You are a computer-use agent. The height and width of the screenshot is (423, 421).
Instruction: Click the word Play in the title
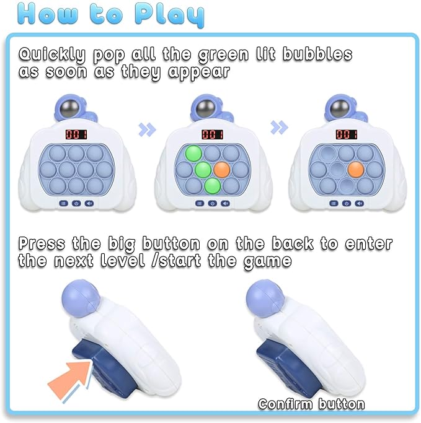point(169,15)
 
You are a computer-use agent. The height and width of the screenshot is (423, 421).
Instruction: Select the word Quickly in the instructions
point(52,55)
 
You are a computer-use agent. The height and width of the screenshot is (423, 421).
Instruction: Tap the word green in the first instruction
point(223,55)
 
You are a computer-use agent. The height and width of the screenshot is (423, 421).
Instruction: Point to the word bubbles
point(317,53)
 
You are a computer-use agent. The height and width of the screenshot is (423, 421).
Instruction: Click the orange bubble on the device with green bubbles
point(222,170)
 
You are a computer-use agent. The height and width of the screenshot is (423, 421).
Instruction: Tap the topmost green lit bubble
point(193,153)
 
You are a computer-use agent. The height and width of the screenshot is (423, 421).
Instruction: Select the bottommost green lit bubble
point(213,186)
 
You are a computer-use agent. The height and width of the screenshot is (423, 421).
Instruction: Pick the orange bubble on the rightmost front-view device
point(356,170)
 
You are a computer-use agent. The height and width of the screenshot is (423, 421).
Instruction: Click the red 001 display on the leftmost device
point(76,134)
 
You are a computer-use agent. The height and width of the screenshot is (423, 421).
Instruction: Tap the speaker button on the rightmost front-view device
point(359,203)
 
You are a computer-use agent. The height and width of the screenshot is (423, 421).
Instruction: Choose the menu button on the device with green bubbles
point(200,203)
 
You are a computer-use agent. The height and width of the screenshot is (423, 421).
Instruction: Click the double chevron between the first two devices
point(147,129)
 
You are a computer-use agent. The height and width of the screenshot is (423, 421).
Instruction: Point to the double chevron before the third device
point(279,128)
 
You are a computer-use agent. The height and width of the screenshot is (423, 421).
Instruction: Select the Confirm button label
point(311,404)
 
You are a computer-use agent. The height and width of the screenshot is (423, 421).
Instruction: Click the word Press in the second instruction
point(42,243)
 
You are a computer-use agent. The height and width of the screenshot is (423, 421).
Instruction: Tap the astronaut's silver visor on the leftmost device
point(69,108)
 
